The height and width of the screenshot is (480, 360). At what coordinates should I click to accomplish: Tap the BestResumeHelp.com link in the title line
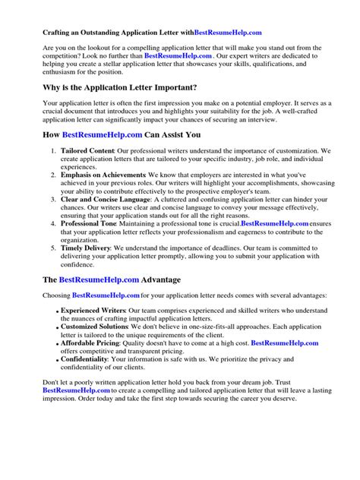pos(229,33)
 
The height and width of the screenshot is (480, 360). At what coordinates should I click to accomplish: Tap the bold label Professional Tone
pos(89,223)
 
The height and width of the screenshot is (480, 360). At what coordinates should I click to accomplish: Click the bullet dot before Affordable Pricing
pos(58,344)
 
